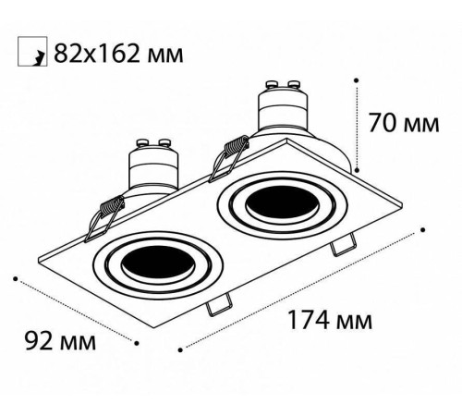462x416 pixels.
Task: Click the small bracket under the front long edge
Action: point(220,302)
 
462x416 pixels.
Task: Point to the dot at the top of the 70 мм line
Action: point(357,80)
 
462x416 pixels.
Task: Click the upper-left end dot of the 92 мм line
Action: point(16,275)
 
